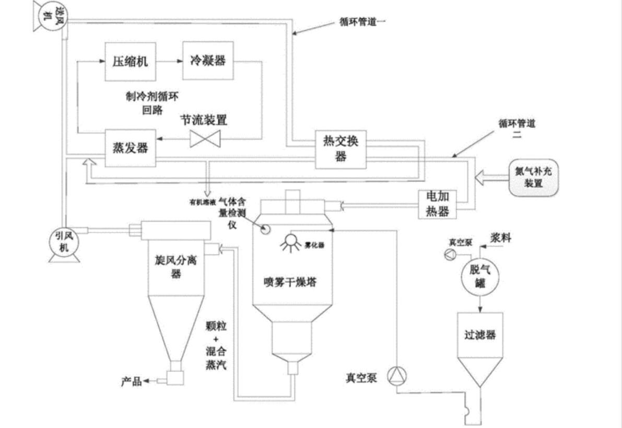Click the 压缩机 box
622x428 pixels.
pos(130,61)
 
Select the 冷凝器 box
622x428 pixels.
pos(207,61)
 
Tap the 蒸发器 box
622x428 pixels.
pos(130,148)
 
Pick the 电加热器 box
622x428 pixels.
pos(438,204)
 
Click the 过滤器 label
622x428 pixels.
pos(479,335)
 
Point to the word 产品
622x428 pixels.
pos(130,381)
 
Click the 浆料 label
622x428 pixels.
pos(500,238)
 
